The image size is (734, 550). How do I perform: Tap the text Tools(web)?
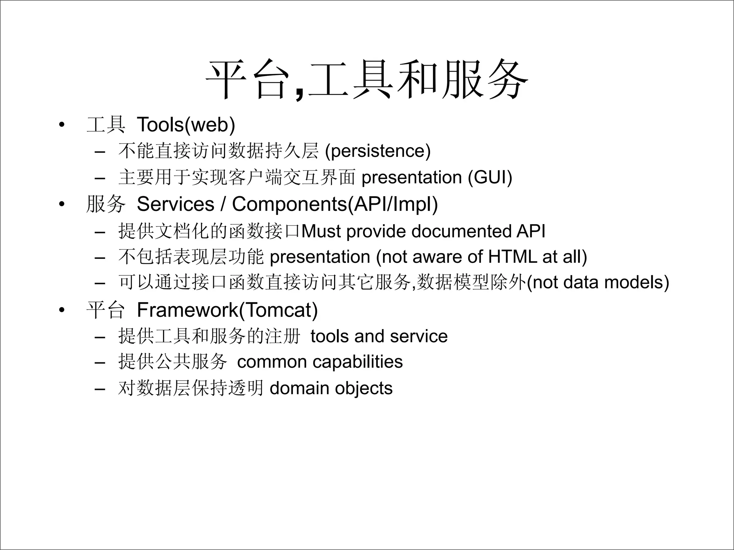point(186,125)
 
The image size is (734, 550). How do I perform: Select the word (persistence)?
point(377,150)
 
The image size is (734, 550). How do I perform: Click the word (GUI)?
point(490,177)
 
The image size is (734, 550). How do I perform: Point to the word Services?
point(175,204)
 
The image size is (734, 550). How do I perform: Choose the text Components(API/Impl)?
point(335,204)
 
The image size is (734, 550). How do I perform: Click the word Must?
point(321,231)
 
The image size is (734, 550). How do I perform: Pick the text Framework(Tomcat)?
point(227,310)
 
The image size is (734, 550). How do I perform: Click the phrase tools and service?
point(379,336)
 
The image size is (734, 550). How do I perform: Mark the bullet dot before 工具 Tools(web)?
point(62,125)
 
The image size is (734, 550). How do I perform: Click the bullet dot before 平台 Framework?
point(62,310)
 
